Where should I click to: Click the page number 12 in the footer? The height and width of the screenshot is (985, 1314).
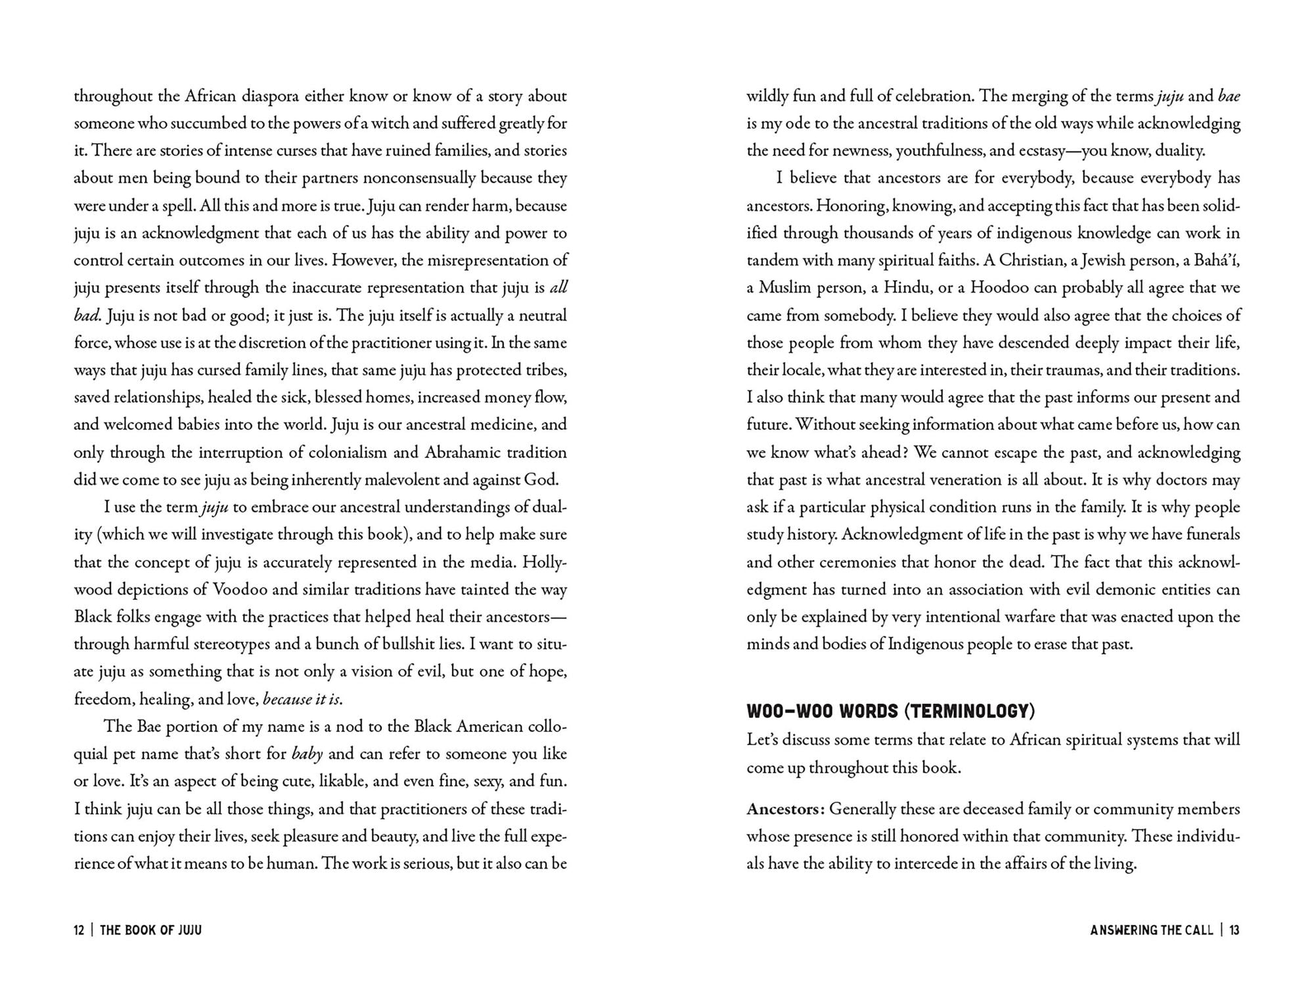point(79,930)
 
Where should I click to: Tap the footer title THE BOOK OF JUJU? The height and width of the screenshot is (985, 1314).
point(150,930)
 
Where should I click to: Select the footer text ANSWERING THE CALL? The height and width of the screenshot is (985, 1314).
point(1151,930)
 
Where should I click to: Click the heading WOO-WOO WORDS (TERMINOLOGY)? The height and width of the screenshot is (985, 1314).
point(890,711)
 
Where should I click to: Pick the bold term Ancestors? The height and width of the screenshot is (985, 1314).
point(785,809)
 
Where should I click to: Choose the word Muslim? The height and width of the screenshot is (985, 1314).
point(787,288)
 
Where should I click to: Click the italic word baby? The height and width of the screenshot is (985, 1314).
point(307,754)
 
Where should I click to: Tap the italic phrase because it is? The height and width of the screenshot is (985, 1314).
point(302,699)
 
